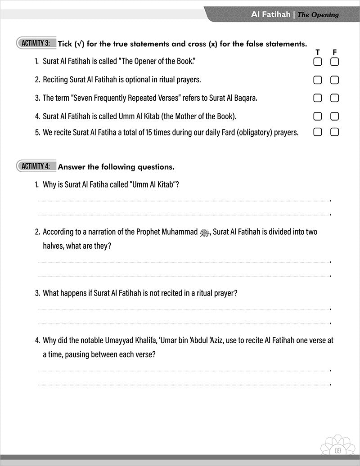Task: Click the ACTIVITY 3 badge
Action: (x=36, y=44)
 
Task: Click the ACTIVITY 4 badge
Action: (x=36, y=166)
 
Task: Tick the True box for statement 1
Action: (x=318, y=62)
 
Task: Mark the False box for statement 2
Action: (x=334, y=80)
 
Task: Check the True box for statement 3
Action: (x=318, y=98)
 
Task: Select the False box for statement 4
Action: (x=334, y=116)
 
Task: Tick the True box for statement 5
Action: (x=318, y=132)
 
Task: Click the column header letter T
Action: (x=318, y=52)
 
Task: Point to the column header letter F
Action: (x=334, y=52)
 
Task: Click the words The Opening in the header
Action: (x=318, y=15)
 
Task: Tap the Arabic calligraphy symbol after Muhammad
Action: (x=205, y=233)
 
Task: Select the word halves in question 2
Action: (x=53, y=246)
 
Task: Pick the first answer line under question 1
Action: (x=184, y=201)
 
